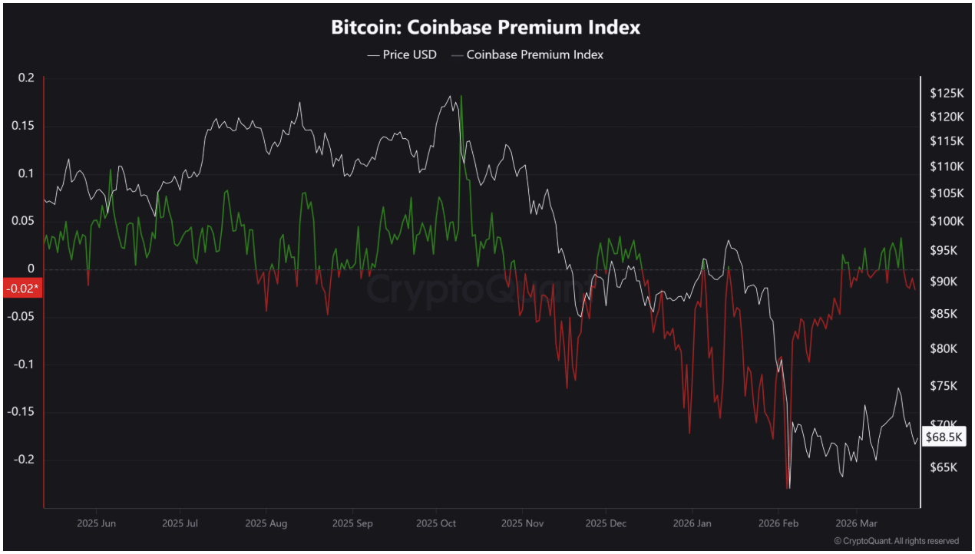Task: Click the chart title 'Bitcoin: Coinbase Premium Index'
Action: (485, 28)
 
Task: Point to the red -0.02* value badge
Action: (21, 288)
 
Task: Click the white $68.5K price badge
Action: (944, 437)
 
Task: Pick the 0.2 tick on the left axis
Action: (27, 77)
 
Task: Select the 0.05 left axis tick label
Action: (25, 221)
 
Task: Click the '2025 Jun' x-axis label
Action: (97, 524)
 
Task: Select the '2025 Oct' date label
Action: (436, 524)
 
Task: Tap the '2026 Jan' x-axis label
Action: (692, 524)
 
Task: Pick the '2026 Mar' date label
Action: (858, 524)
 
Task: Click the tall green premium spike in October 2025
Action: (461, 97)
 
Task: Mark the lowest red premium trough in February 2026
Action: (787, 486)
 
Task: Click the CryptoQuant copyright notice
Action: (896, 541)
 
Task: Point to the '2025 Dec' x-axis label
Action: (606, 524)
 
